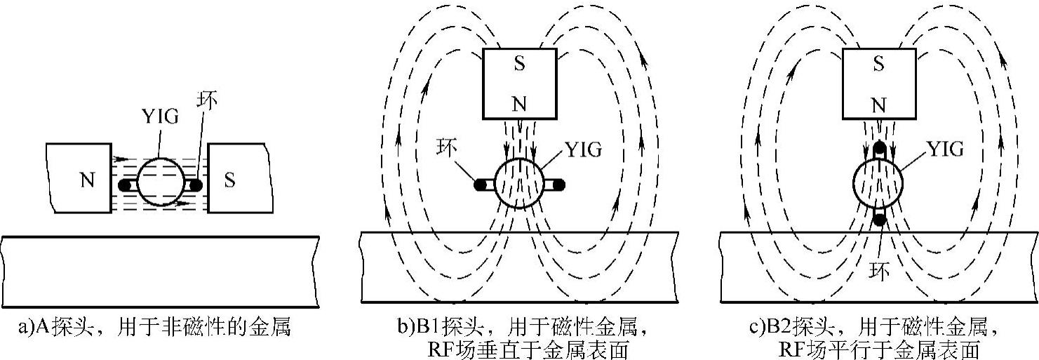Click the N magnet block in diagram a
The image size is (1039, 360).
[x=78, y=178]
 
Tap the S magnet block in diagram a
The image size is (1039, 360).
[x=239, y=178]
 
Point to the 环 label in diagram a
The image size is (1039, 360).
[x=207, y=100]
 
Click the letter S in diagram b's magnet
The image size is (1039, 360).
[x=518, y=64]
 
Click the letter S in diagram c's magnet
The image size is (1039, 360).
[x=877, y=64]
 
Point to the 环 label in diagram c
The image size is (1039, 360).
[x=878, y=269]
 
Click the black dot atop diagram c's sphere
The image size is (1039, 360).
[x=878, y=149]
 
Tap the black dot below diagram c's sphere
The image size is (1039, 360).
[x=878, y=220]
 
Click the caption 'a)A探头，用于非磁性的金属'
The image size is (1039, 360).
[x=154, y=327]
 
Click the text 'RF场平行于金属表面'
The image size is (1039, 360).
[x=878, y=349]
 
